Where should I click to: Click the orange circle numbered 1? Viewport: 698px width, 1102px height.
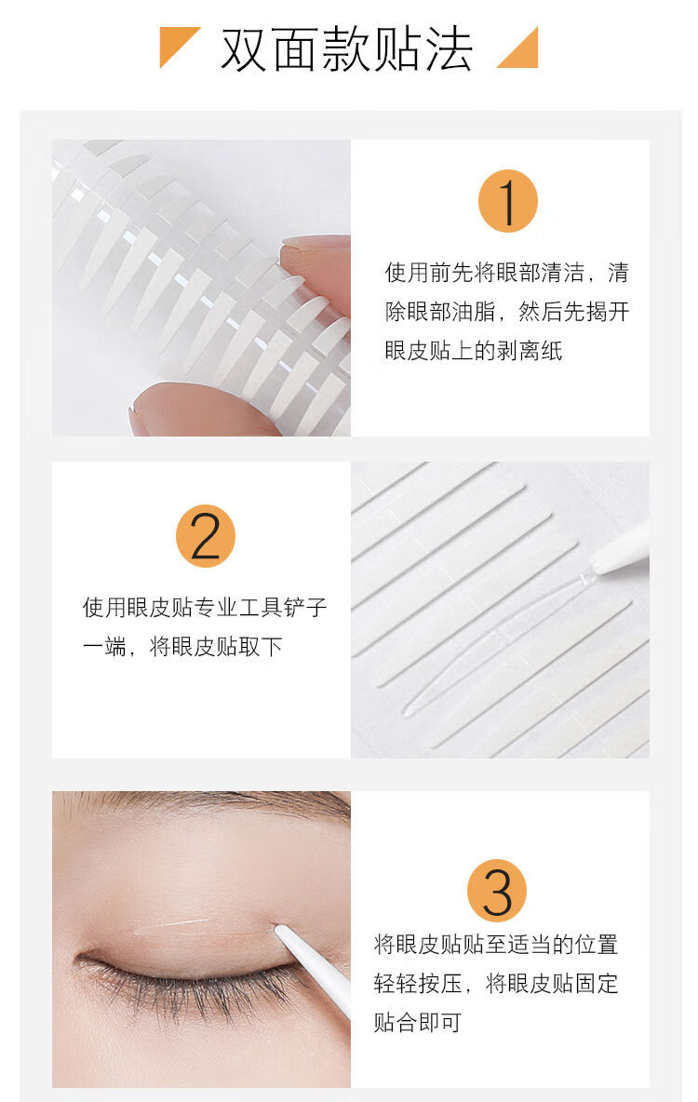pyautogui.click(x=507, y=201)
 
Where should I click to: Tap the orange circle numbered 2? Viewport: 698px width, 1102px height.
pyautogui.click(x=206, y=535)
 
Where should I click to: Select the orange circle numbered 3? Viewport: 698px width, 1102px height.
pyautogui.click(x=497, y=891)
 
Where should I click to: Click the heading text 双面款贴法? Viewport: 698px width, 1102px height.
pyautogui.click(x=346, y=49)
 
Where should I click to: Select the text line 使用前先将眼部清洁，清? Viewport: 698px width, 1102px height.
pyautogui.click(x=506, y=272)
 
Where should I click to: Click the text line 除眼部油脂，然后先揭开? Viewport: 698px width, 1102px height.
pyautogui.click(x=506, y=312)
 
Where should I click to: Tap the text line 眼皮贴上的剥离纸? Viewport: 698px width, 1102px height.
pyautogui.click(x=473, y=350)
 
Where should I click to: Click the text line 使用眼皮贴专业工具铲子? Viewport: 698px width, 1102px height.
pyautogui.click(x=205, y=607)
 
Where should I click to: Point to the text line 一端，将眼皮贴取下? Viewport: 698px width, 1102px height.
pyautogui.click(x=182, y=647)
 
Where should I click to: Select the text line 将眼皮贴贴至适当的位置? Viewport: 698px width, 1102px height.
pyautogui.click(x=495, y=945)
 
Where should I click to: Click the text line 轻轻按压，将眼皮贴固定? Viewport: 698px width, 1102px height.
pyautogui.click(x=495, y=983)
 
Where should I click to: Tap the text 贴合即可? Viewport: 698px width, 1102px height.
pyautogui.click(x=418, y=1022)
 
